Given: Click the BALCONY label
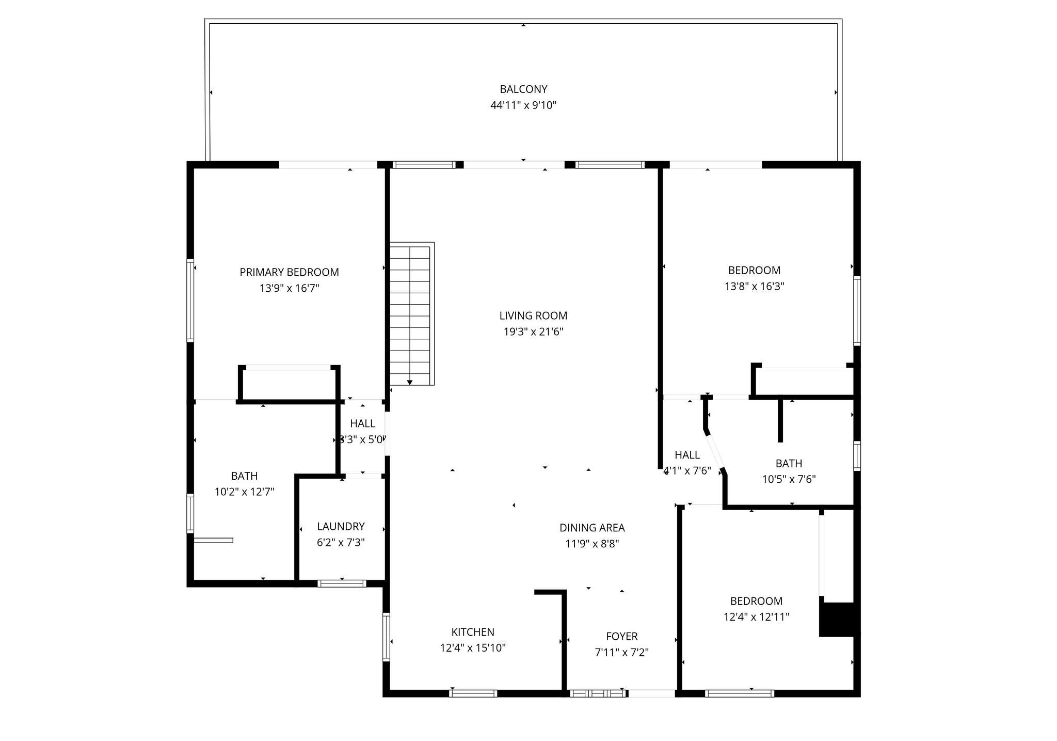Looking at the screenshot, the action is pyautogui.click(x=523, y=89).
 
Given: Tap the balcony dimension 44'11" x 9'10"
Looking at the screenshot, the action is pyautogui.click(x=523, y=105).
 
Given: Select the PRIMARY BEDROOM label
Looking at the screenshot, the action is pyautogui.click(x=290, y=272).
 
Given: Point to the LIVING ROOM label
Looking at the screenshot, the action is pyautogui.click(x=533, y=316).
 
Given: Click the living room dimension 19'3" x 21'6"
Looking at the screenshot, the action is pyautogui.click(x=533, y=332).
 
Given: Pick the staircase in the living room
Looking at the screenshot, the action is pyautogui.click(x=411, y=313).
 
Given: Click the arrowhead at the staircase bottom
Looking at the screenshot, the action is pyautogui.click(x=410, y=383).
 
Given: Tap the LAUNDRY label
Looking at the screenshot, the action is pyautogui.click(x=341, y=527).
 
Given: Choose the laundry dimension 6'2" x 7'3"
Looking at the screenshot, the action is pyautogui.click(x=341, y=543).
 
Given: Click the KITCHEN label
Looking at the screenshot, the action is pyautogui.click(x=473, y=632).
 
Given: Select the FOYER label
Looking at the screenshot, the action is pyautogui.click(x=622, y=636).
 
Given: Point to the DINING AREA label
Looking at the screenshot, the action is pyautogui.click(x=592, y=528).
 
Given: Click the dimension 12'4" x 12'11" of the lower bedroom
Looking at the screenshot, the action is pyautogui.click(x=757, y=617).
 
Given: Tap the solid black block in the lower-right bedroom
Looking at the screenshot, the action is pyautogui.click(x=838, y=619).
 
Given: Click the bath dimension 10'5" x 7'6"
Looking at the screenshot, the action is pyautogui.click(x=789, y=479).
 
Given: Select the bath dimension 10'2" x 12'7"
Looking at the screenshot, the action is pyautogui.click(x=244, y=492).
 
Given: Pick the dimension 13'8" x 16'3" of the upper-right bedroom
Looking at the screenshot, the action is pyautogui.click(x=755, y=286).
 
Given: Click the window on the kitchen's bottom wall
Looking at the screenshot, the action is pyautogui.click(x=473, y=693).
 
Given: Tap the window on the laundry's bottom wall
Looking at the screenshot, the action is pyautogui.click(x=342, y=584).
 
